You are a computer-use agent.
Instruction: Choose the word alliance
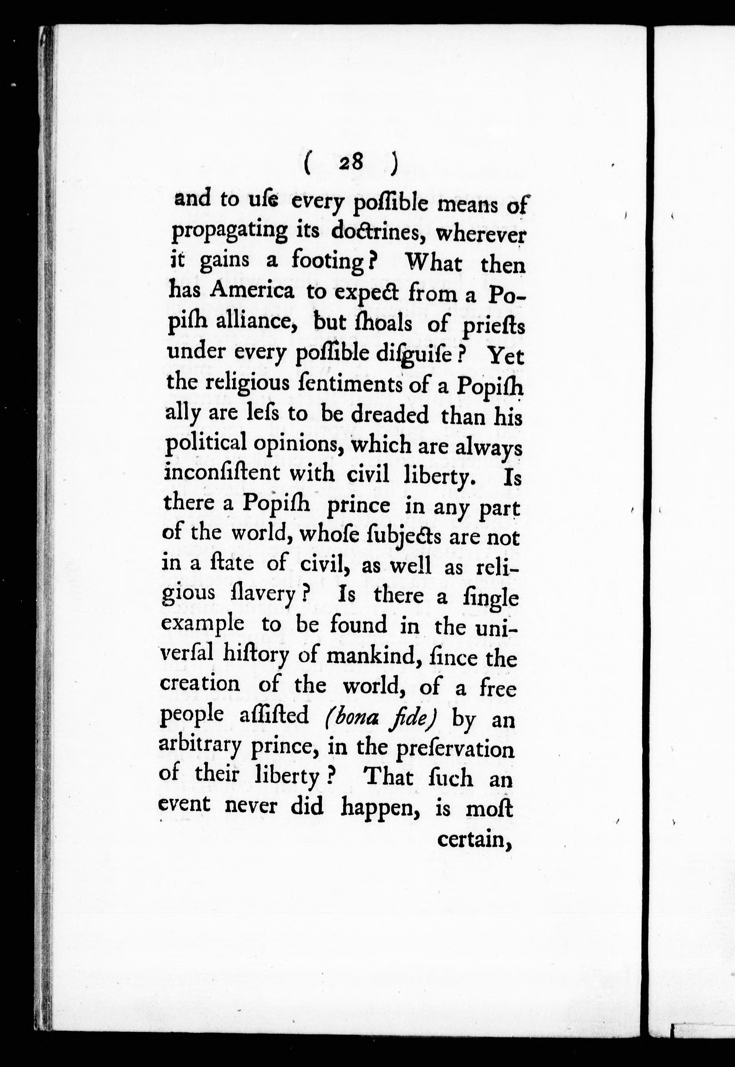(x=258, y=321)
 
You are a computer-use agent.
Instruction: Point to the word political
(x=204, y=444)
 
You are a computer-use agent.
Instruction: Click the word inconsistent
(x=221, y=473)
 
